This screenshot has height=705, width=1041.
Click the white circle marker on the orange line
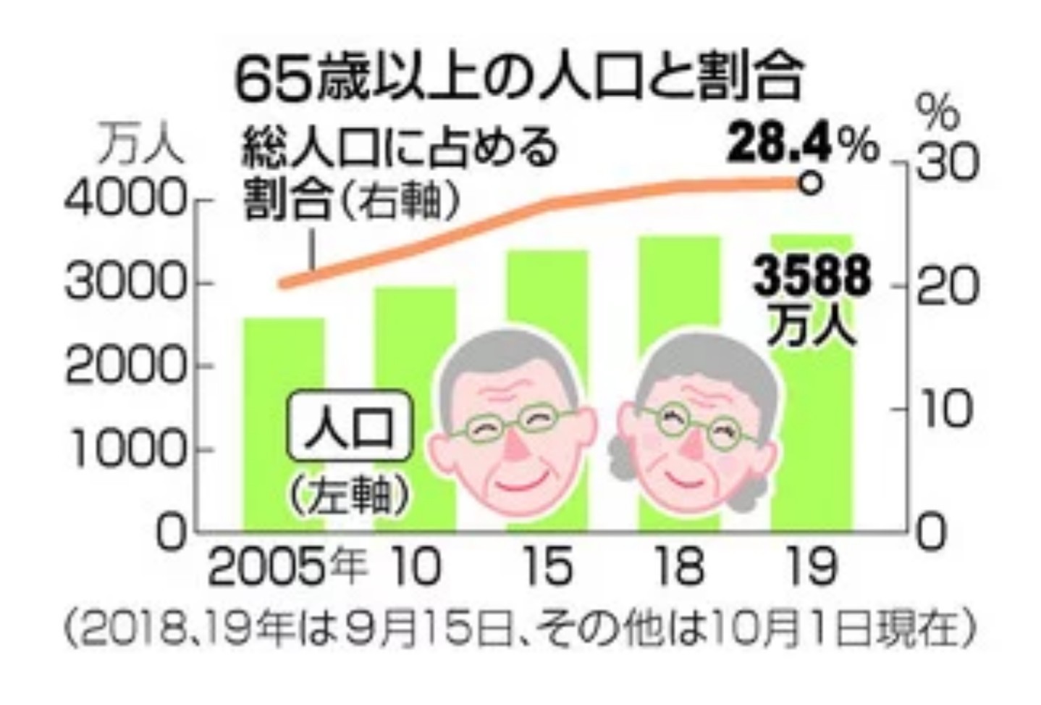pyautogui.click(x=812, y=183)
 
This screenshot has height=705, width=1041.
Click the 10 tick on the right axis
pyautogui.click(x=942, y=409)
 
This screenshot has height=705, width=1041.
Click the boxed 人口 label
pyautogui.click(x=350, y=428)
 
